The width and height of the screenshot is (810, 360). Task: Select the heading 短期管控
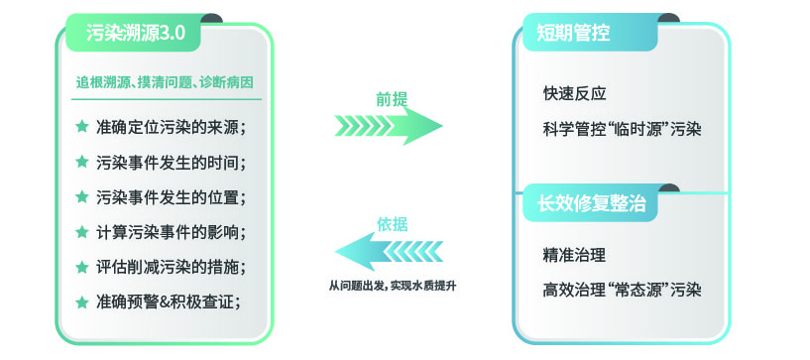click(574, 34)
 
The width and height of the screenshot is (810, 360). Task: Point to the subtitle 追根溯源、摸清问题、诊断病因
click(169, 82)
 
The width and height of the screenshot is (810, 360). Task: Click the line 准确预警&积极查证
click(169, 301)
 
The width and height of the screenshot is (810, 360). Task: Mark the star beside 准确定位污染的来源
click(82, 126)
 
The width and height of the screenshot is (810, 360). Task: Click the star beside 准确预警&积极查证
click(82, 300)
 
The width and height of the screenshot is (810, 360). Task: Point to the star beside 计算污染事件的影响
click(82, 231)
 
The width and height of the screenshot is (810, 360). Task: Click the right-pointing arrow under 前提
click(389, 126)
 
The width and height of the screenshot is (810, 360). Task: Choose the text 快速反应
click(574, 94)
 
